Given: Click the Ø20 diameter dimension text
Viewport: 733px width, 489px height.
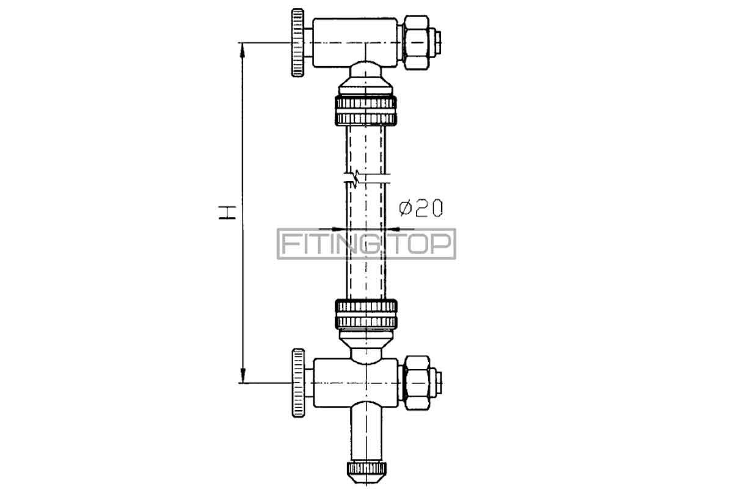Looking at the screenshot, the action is (421, 208).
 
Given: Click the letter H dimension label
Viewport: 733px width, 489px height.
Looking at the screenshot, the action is (227, 213).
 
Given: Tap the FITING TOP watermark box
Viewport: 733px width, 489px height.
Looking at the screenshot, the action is (366, 244).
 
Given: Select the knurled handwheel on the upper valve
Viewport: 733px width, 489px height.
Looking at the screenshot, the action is (298, 43).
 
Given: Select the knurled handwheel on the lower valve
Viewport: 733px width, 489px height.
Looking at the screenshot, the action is (298, 383).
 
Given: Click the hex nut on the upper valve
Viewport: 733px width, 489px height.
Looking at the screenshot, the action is (416, 43).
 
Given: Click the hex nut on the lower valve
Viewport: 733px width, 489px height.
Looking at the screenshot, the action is (417, 383).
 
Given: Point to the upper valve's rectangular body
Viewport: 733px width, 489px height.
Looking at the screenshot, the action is (355, 43).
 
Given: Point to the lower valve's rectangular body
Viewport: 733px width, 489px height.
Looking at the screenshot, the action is (356, 383).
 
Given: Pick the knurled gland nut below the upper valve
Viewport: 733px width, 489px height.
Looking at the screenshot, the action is (366, 111).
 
